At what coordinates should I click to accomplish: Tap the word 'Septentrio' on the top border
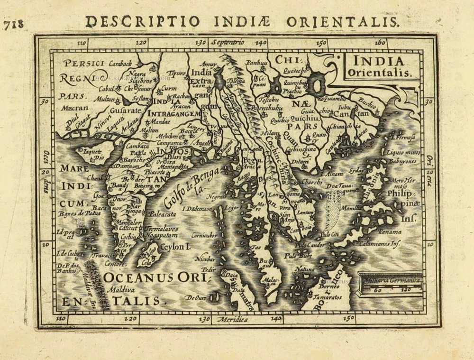click(x=228, y=42)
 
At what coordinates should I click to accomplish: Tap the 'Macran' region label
click(x=72, y=108)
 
